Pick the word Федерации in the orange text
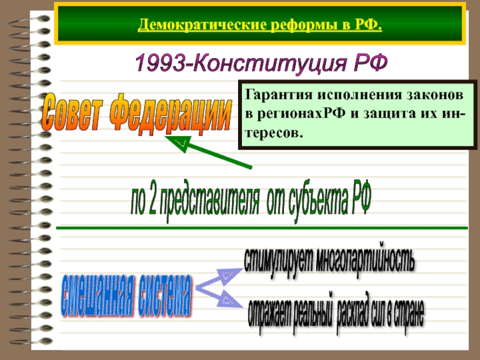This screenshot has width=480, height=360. coord(174,110)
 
